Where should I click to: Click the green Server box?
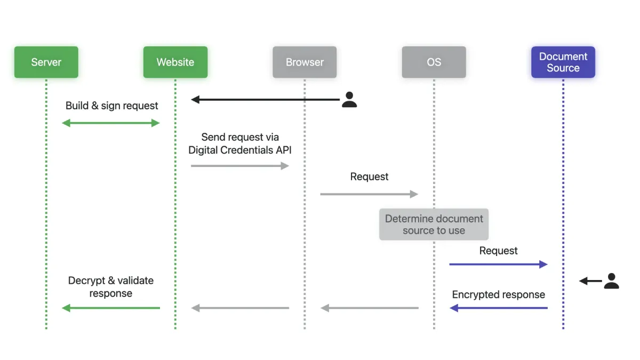[46, 62]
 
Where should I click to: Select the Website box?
[175, 62]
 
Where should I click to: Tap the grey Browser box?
[305, 62]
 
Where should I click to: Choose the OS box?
[434, 62]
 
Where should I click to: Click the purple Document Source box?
[563, 62]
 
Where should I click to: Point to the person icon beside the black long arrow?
[349, 99]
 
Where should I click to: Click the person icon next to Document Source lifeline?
[611, 281]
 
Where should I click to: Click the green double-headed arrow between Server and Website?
[111, 123]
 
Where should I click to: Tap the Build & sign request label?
[111, 106]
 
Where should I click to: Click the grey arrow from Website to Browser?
[240, 166]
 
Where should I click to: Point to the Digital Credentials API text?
[240, 150]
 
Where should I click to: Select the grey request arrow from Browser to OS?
[369, 194]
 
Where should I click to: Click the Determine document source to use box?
[434, 225]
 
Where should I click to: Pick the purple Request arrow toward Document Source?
[498, 264]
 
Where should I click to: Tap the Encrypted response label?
[498, 294]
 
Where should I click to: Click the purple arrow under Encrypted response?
[498, 308]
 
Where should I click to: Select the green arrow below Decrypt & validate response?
[111, 308]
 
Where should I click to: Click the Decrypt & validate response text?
[111, 286]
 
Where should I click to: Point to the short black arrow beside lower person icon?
[590, 281]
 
